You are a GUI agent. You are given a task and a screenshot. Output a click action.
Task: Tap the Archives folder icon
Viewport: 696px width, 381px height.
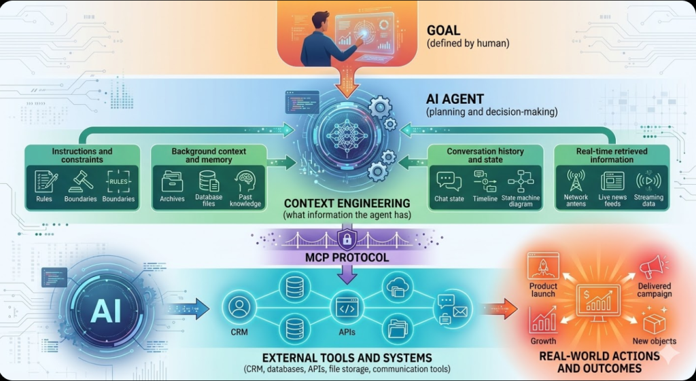(x=172, y=181)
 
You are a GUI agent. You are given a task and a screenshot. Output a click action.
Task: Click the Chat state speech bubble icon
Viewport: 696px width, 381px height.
(x=449, y=181)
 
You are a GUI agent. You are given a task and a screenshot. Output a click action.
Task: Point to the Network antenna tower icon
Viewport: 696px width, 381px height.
(x=576, y=181)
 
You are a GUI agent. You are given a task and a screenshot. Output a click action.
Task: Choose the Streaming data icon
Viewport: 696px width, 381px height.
(x=648, y=181)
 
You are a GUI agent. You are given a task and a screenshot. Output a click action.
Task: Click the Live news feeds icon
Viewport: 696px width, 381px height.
(x=612, y=181)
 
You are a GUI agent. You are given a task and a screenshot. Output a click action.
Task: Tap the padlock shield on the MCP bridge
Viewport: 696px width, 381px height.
(x=347, y=240)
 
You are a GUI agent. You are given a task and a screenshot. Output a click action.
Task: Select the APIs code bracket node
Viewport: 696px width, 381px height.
(x=347, y=308)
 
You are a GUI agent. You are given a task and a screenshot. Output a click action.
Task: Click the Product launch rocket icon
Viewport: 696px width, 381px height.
(x=543, y=266)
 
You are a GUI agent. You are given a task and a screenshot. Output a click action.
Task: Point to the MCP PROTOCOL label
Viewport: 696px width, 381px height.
(x=347, y=259)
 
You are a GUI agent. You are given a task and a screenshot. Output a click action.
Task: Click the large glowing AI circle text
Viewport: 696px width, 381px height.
(x=105, y=310)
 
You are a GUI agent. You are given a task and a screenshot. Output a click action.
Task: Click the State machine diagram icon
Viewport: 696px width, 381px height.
(x=521, y=181)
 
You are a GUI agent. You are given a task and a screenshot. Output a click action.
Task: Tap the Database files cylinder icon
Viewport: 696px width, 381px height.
(x=208, y=181)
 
